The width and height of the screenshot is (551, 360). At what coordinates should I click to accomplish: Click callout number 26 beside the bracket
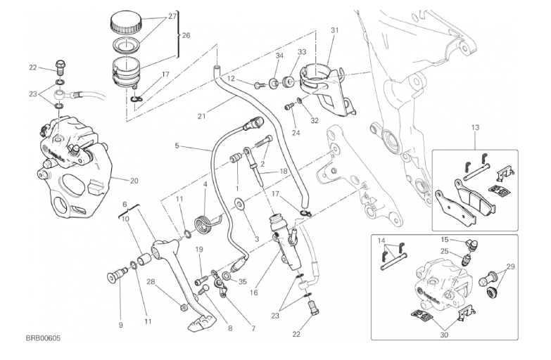pos(186,34)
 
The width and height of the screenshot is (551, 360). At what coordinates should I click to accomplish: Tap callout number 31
pos(334,30)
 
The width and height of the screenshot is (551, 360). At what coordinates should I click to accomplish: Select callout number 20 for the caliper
pos(134,181)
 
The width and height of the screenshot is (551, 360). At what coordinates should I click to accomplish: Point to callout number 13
pos(475,127)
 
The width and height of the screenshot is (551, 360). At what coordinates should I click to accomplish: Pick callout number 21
pos(201,117)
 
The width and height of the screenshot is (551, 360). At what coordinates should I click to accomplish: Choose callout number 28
pos(151,282)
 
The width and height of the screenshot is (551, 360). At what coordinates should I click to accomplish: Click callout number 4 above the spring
pos(205,184)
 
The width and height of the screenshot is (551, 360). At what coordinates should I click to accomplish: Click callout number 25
pos(445,251)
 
